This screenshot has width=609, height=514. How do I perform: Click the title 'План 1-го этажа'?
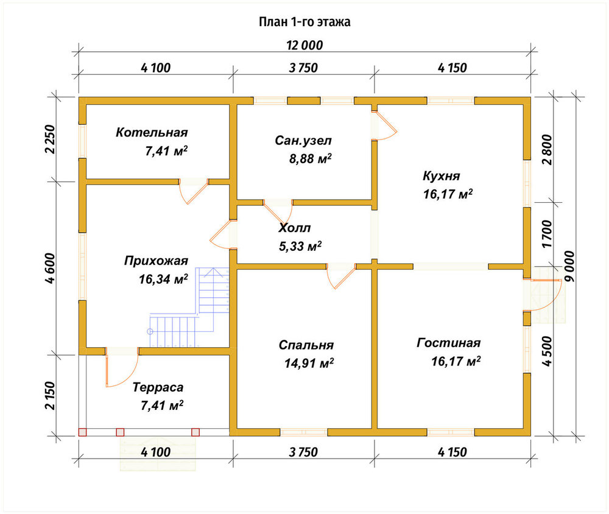[x=304, y=22]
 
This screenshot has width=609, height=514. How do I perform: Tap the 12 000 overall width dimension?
[x=304, y=46]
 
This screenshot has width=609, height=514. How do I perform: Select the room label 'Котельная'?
[x=152, y=133]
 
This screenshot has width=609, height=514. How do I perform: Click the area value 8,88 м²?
[x=311, y=158]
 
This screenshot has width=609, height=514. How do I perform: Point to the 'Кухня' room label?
[x=441, y=176]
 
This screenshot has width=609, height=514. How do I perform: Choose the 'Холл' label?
[x=294, y=228]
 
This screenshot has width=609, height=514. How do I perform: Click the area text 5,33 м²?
[x=300, y=246]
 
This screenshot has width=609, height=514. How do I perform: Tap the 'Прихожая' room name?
[x=156, y=261]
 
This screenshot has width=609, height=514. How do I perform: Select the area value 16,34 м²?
[x=163, y=279]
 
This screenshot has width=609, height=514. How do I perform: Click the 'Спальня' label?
[x=306, y=345]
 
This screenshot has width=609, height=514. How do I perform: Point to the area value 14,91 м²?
[x=309, y=363]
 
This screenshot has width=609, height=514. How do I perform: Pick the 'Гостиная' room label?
[x=449, y=343]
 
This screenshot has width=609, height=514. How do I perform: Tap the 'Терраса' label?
[x=158, y=387]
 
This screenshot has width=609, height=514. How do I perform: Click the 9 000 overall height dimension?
[x=569, y=267]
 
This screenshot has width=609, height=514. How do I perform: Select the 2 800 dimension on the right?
[x=547, y=150]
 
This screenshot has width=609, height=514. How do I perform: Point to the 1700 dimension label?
[x=547, y=234]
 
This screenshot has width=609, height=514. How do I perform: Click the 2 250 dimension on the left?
[x=50, y=139]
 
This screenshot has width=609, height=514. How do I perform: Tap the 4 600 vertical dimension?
[x=50, y=268]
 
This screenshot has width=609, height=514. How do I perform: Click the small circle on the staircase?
[x=150, y=331]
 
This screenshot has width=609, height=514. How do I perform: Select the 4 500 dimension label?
[x=547, y=351]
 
